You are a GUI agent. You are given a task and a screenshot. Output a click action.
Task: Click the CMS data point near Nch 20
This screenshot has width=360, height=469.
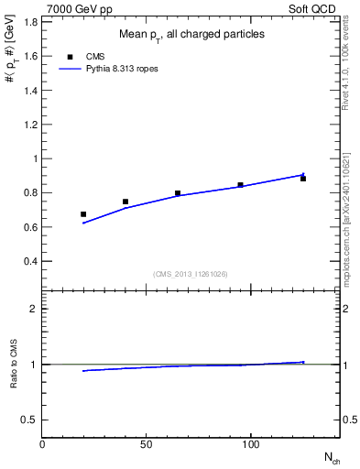point(83,214)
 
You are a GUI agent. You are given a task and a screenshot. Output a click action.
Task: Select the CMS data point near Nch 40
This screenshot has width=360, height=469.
point(125,202)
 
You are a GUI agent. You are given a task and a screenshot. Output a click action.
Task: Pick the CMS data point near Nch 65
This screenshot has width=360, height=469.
point(178,193)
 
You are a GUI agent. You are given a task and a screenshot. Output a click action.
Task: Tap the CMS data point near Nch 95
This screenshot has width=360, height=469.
point(240,185)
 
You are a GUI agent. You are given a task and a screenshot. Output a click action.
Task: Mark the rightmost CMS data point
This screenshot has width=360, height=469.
point(303,179)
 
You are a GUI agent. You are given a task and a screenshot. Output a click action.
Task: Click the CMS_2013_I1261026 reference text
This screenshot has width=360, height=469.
point(191,273)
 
